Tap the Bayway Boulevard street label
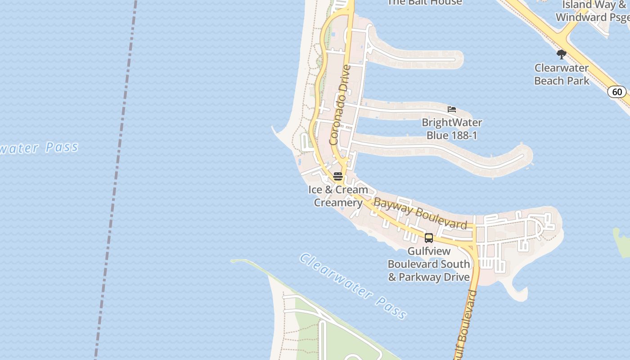pos(420,214)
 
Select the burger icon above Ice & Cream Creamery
pos(338,176)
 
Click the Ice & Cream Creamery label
pos(338,196)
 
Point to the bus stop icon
pos(429,238)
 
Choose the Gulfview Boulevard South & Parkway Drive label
pos(429,264)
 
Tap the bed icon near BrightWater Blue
pos(452,109)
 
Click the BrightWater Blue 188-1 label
pos(452,129)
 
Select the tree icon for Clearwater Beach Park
pos(561,54)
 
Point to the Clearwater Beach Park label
pos(562,75)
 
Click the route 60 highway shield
pos(617,92)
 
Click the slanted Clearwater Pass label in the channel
pos(353,286)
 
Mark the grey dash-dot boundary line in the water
pos(116,180)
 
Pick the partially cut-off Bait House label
pos(424,3)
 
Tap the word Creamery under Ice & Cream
pos(338,202)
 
